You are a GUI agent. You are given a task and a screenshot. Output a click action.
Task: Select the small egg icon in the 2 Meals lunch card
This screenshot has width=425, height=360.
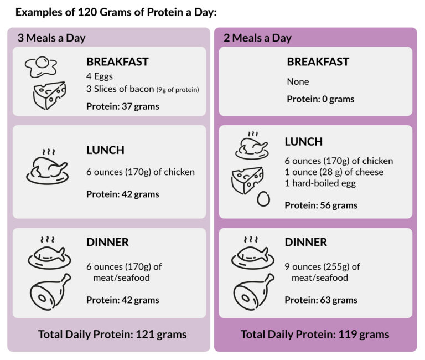tap(263, 198)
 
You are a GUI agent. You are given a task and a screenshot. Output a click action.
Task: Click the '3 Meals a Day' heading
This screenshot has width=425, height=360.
tap(51, 38)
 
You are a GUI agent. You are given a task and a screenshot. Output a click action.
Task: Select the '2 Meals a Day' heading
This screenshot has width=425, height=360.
tap(257, 38)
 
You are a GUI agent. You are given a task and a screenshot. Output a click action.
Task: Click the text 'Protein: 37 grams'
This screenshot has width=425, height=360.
tap(122, 106)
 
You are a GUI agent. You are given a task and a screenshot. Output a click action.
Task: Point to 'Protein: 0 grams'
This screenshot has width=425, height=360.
tap(320, 99)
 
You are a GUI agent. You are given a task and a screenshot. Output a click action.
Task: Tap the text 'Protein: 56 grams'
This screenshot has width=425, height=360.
tap(321, 205)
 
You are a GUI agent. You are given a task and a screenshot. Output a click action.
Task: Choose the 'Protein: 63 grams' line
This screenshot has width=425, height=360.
tap(321, 300)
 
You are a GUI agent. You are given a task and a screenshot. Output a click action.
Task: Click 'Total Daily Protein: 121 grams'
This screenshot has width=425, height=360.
tap(112, 335)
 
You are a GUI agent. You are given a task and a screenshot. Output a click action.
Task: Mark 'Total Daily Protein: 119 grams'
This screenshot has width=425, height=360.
tap(315, 335)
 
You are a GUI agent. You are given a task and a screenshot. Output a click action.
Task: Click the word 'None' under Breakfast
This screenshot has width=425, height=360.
tap(298, 81)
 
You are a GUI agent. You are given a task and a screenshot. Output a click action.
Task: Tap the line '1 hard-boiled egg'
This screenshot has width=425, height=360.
tap(320, 183)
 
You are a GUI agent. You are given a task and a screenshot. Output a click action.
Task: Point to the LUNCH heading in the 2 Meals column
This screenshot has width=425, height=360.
tap(303, 142)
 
